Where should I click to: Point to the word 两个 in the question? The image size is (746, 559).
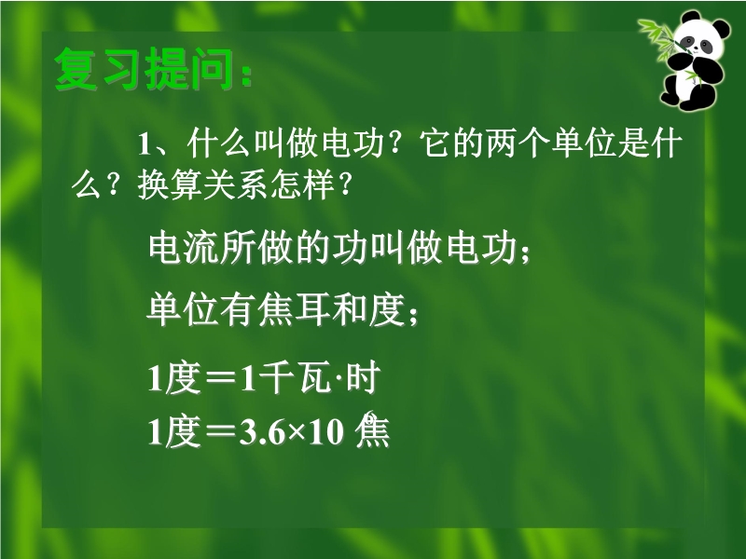pyautogui.click(x=518, y=143)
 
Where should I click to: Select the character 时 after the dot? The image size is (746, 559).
pyautogui.click(x=363, y=378)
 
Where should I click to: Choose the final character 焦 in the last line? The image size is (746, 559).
pyautogui.click(x=372, y=430)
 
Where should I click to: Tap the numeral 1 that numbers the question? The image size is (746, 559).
pyautogui.click(x=145, y=145)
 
